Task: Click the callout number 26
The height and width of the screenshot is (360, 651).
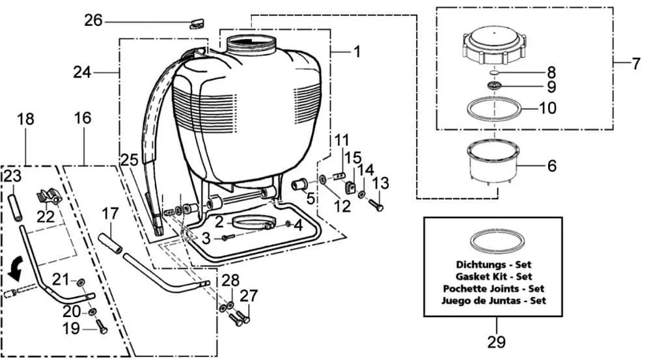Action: click(93, 20)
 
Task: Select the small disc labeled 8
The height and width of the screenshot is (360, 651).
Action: click(494, 72)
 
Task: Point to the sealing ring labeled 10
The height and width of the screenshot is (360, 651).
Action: click(494, 118)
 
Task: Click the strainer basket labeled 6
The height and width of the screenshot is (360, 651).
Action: click(494, 162)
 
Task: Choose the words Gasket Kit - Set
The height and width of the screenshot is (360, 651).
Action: click(493, 276)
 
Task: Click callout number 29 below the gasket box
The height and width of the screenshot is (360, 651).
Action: click(497, 342)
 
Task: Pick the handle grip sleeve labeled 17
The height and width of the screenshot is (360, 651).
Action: click(111, 243)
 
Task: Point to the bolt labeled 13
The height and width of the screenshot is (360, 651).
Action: click(376, 204)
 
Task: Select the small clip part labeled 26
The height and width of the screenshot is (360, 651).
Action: click(197, 23)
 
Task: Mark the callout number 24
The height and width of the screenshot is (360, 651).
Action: click(82, 72)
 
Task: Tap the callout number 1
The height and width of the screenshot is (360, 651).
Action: click(356, 52)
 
